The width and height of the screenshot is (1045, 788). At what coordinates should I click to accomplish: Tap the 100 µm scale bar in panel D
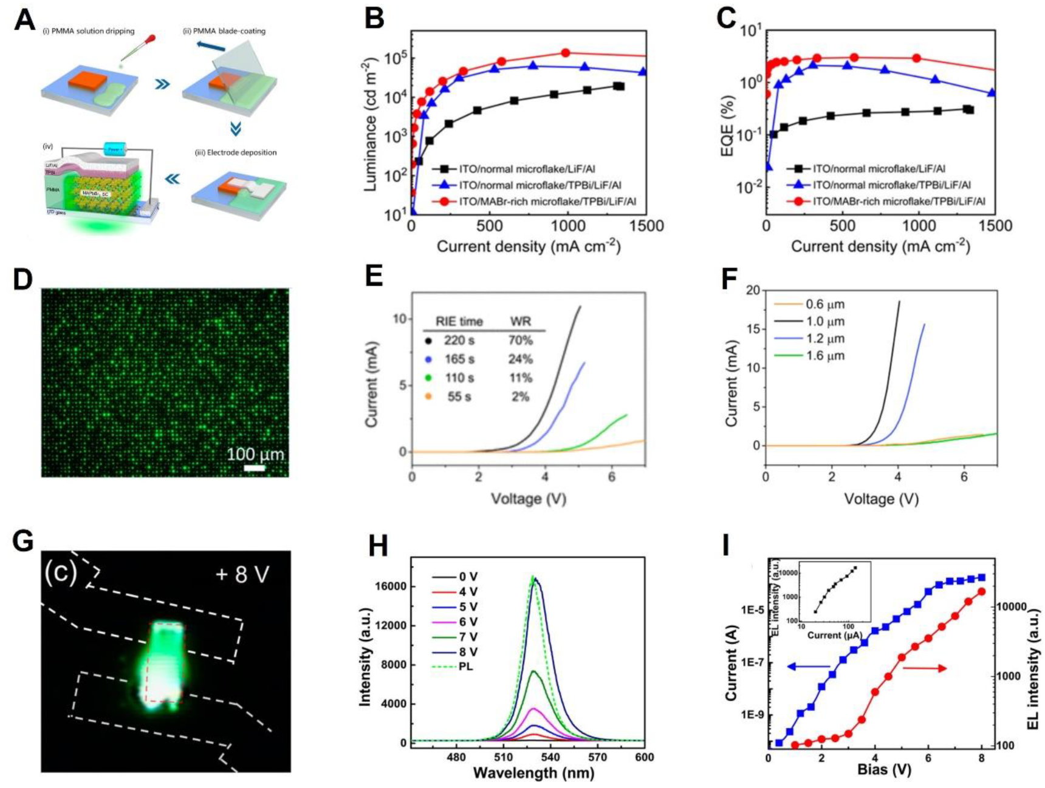255,468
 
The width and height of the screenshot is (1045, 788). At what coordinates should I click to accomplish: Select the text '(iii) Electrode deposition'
235,152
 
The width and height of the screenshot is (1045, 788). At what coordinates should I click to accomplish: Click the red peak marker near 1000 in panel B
566,53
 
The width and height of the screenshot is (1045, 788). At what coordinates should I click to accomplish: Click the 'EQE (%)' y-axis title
727,124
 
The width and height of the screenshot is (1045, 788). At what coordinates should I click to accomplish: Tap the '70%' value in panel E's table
520,341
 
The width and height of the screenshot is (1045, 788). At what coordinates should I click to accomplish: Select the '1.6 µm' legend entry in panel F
824,356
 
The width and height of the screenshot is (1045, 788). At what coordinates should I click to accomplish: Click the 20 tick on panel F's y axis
752,290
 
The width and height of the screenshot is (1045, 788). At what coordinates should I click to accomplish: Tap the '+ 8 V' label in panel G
242,574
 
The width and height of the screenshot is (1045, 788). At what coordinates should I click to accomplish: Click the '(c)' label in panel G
61,573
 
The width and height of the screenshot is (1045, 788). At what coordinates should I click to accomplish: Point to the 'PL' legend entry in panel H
466,667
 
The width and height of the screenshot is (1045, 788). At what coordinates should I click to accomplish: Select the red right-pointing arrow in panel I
924,668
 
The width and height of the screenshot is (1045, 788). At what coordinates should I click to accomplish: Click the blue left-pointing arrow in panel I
807,667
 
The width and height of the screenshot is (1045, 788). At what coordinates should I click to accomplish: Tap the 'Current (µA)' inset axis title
834,636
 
